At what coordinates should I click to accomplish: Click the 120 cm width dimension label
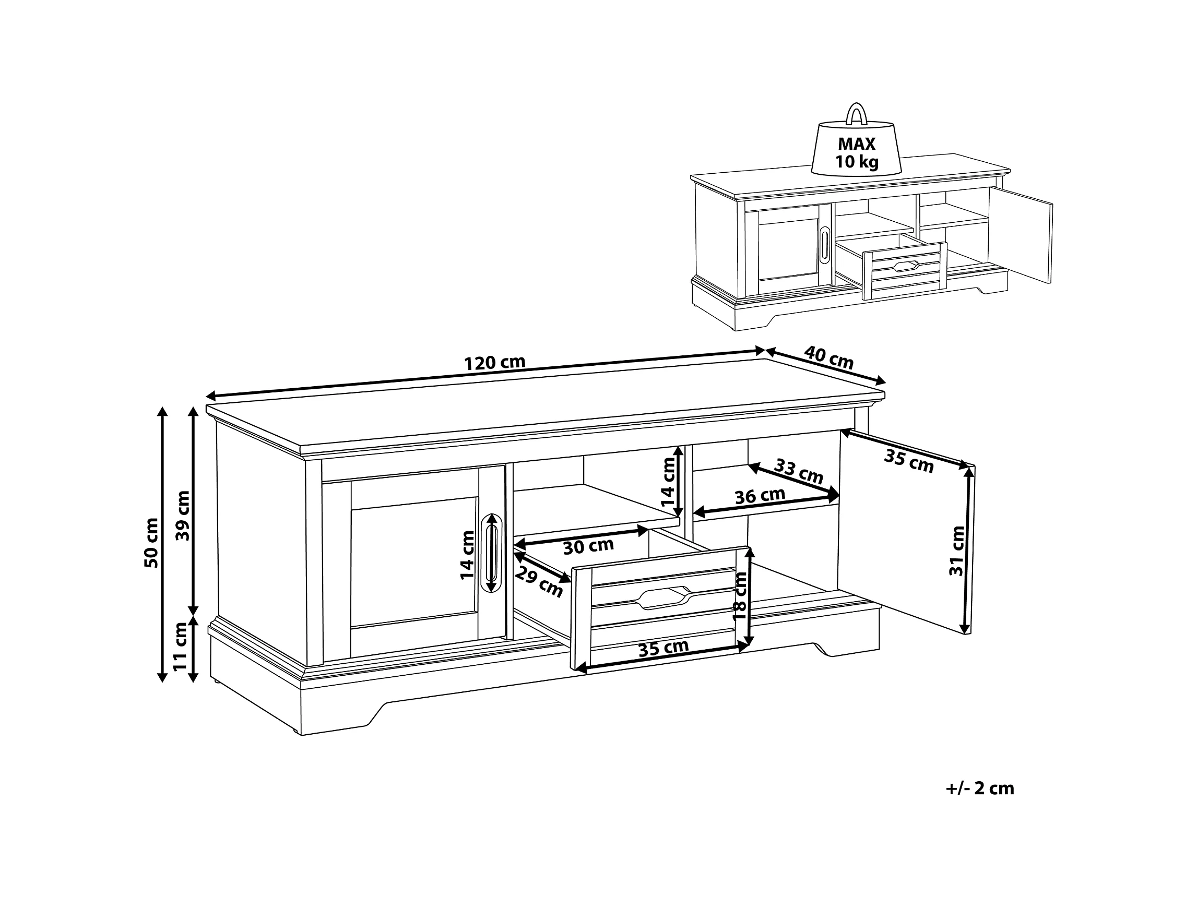[494, 362]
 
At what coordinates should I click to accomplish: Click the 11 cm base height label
[180, 646]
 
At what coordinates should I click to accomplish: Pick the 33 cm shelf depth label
[799, 471]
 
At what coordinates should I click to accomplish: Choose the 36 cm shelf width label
[760, 496]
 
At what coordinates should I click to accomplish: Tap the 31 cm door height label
[957, 550]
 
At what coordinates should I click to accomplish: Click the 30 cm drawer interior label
[588, 546]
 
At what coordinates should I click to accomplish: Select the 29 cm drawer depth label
[538, 582]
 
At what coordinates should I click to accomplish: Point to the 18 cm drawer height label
[739, 596]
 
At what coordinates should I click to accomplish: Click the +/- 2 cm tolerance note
[979, 789]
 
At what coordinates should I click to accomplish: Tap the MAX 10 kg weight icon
[856, 150]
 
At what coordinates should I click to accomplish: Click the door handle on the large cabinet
[491, 552]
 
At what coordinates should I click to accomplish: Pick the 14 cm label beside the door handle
[467, 555]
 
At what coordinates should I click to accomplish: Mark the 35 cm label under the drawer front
[663, 648]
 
